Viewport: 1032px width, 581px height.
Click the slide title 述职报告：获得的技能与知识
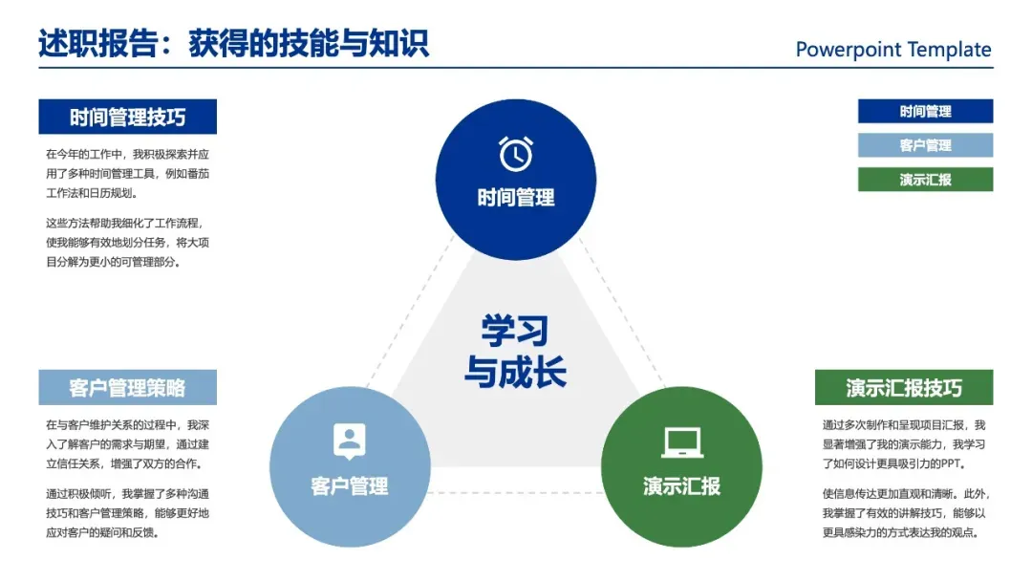pyautogui.click(x=233, y=44)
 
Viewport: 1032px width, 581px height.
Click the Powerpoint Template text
pyautogui.click(x=893, y=50)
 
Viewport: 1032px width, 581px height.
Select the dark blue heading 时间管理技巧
pyautogui.click(x=127, y=118)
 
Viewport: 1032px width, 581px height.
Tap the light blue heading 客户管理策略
pyautogui.click(x=127, y=388)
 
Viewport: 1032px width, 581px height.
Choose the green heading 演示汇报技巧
pyautogui.click(x=903, y=388)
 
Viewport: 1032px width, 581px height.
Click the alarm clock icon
pyautogui.click(x=516, y=154)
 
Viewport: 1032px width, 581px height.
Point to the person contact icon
pyautogui.click(x=349, y=441)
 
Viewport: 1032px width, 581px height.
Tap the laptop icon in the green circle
pyautogui.click(x=681, y=441)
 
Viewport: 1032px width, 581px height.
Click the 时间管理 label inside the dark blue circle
pyautogui.click(x=516, y=199)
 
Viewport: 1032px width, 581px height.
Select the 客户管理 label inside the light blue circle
pyautogui.click(x=349, y=485)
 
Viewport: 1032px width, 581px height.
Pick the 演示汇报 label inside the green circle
pyautogui.click(x=681, y=485)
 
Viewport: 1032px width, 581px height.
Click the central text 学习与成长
pyautogui.click(x=515, y=352)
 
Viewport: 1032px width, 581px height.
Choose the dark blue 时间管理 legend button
pyautogui.click(x=925, y=112)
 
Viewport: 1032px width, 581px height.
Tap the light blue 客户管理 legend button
pyautogui.click(x=925, y=145)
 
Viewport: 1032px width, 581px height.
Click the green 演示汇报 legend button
pyautogui.click(x=925, y=180)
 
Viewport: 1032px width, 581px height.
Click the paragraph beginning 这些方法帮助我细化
pyautogui.click(x=127, y=242)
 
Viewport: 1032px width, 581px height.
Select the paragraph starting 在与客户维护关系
pyautogui.click(x=127, y=444)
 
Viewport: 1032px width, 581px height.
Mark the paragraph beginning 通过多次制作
pyautogui.click(x=903, y=444)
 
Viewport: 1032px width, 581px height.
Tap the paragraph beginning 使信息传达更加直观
pyautogui.click(x=903, y=513)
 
